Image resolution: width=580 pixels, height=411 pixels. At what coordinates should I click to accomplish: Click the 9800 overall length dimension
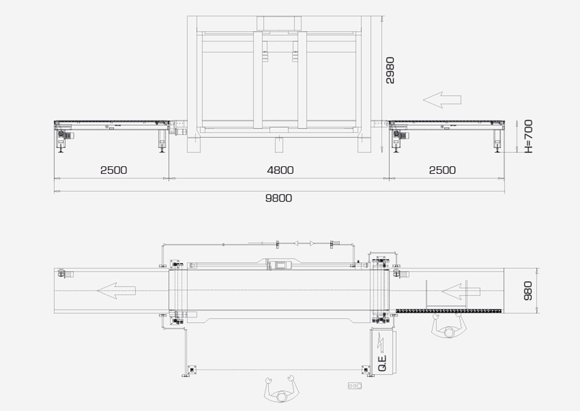coord(278,198)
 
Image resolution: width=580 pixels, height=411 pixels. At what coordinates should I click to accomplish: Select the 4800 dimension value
coord(280,170)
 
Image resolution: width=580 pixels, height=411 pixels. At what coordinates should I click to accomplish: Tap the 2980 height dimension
coord(390,70)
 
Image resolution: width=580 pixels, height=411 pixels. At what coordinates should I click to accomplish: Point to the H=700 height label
coord(529,136)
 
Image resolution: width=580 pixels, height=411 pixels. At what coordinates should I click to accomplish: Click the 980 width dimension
coord(528,291)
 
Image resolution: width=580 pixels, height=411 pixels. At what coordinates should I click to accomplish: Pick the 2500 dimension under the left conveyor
coord(114,170)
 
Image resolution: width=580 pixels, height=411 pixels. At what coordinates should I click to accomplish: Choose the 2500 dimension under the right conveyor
coord(442,170)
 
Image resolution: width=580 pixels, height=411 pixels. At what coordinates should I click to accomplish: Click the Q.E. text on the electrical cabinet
coord(382,363)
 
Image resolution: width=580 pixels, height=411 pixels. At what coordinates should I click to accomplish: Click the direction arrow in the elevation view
coord(442,100)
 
